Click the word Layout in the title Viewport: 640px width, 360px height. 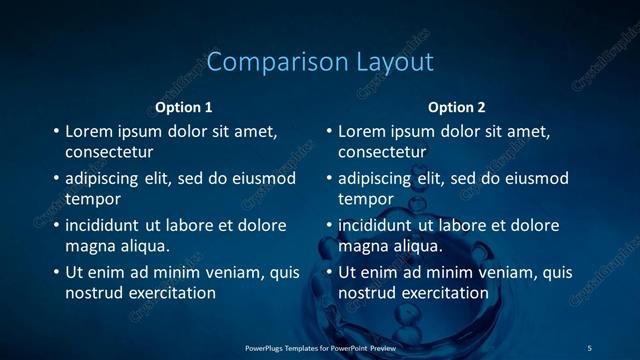(x=395, y=62)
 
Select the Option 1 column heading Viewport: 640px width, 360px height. (x=184, y=107)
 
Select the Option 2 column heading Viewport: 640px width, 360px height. (x=457, y=107)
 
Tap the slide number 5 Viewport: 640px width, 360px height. (x=589, y=347)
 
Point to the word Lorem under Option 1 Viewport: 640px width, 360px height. (x=91, y=131)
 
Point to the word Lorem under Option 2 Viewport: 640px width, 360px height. (x=364, y=131)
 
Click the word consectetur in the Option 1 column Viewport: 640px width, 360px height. (x=109, y=153)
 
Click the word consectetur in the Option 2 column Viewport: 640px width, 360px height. (x=382, y=153)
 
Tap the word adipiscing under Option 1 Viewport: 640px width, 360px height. (x=105, y=179)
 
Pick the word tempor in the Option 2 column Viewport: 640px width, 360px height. (x=366, y=199)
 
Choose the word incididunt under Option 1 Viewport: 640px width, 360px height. (x=107, y=225)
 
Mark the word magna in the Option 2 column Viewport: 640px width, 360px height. (x=363, y=245)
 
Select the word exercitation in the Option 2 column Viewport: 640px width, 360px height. (x=445, y=293)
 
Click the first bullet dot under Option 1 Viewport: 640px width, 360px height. (x=56, y=131)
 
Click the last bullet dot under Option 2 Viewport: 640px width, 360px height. (x=329, y=272)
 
